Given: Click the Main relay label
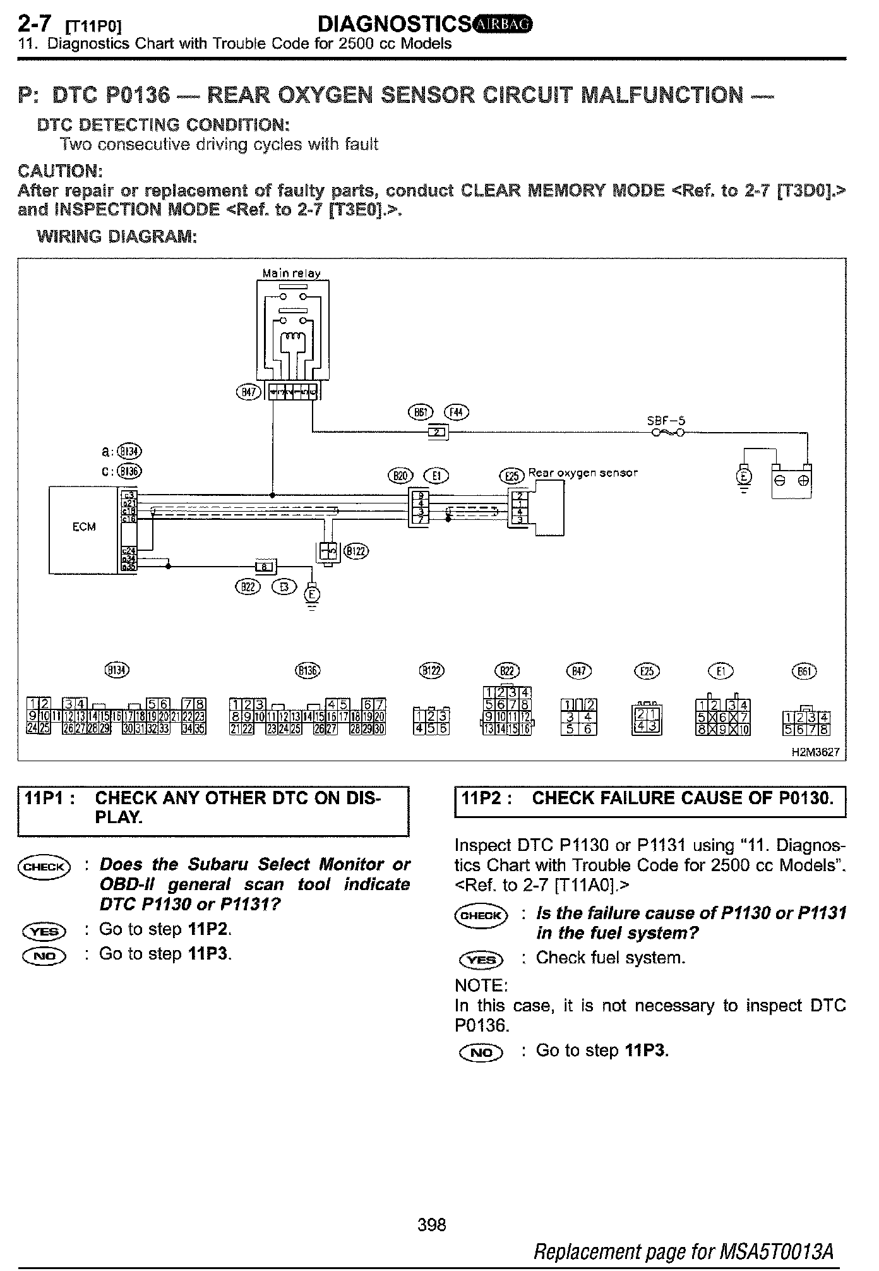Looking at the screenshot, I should pyautogui.click(x=292, y=274).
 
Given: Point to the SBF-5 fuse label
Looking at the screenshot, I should pyautogui.click(x=666, y=421).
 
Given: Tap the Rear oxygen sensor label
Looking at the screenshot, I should pyautogui.click(x=582, y=473).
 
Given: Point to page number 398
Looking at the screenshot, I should pyautogui.click(x=432, y=1225).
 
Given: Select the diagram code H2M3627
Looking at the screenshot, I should pyautogui.click(x=818, y=753).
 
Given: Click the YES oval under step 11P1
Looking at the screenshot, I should pyautogui.click(x=44, y=931).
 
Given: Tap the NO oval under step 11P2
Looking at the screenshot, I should pyautogui.click(x=481, y=1052).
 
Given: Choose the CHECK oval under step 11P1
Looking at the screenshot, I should pyautogui.click(x=44, y=867).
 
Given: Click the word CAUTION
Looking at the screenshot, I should pyautogui.click(x=60, y=171).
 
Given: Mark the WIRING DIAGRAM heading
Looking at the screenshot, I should pyautogui.click(x=117, y=237).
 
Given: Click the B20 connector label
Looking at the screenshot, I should pyautogui.click(x=400, y=475).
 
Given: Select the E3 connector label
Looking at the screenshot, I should pyautogui.click(x=284, y=587).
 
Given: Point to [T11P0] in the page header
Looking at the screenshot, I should pyautogui.click(x=93, y=27).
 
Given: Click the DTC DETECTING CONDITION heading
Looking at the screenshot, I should pyautogui.click(x=163, y=124).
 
